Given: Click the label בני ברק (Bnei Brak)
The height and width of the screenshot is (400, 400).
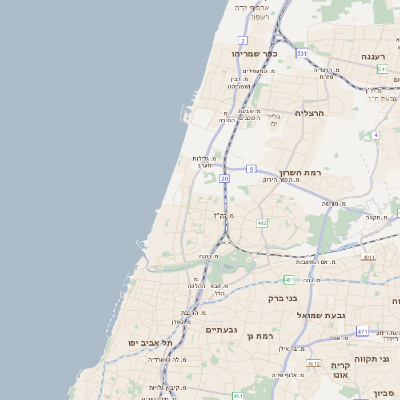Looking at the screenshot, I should click(283, 297).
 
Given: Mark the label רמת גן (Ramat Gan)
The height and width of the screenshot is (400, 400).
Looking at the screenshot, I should click(262, 336).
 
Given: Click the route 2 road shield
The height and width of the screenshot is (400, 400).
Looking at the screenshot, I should click(243, 39).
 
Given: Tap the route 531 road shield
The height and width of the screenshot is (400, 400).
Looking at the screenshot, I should click(301, 51).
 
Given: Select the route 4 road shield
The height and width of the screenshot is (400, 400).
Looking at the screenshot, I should click(376, 134).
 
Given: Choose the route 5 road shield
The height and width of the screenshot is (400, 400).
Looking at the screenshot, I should click(252, 169).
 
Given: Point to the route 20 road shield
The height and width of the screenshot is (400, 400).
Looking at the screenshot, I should click(225, 178).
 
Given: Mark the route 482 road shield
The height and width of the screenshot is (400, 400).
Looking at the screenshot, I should click(262, 223).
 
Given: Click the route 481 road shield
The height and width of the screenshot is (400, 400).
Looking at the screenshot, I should click(289, 279).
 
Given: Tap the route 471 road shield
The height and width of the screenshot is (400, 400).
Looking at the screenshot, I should click(362, 330).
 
